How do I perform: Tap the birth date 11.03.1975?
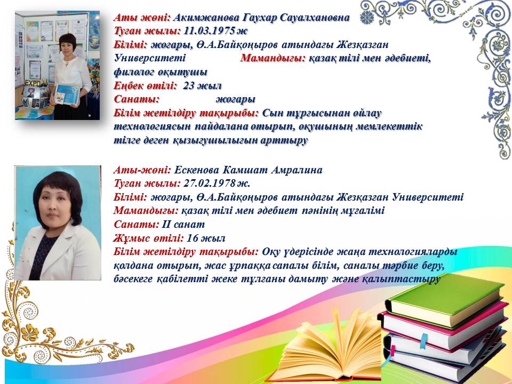pos(210,31)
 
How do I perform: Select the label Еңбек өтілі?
pos(145,86)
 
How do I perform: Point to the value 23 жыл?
pos(203,86)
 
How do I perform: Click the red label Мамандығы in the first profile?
pos(273,58)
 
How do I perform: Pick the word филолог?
pos(134,72)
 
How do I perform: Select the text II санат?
pos(183,225)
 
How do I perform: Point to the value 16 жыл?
pos(206,238)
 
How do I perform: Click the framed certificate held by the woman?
pos(67,95)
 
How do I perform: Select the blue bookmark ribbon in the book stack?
pos(423,341)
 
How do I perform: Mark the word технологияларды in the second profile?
pos(413,252)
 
